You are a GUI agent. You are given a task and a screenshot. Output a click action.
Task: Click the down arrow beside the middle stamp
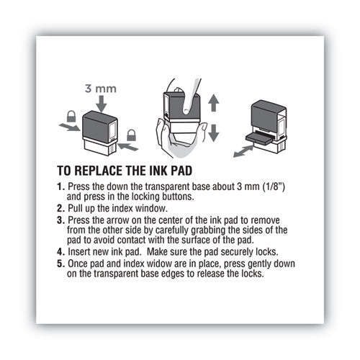coord(213,132)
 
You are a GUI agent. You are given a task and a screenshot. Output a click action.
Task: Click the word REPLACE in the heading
coord(109,174)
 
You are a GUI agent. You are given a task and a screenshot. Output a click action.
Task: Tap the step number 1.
coord(60,187)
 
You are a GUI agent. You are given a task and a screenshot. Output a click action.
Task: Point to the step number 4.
coord(60,253)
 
